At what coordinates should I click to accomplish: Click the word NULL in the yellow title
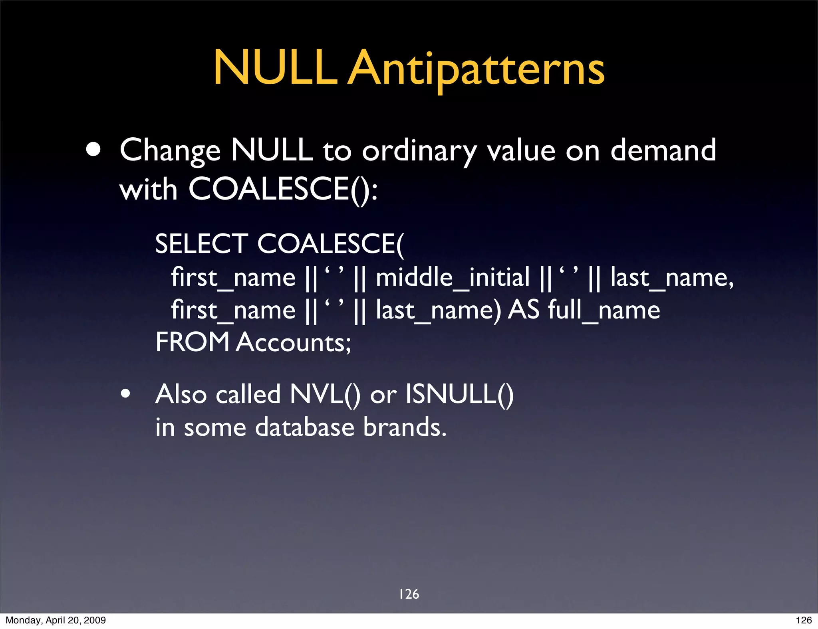(275, 68)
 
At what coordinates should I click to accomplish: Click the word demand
(663, 150)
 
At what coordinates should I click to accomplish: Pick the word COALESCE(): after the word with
(283, 189)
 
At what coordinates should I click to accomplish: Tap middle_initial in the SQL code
(453, 277)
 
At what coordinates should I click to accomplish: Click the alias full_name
(604, 311)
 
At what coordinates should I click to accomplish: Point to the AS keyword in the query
(524, 310)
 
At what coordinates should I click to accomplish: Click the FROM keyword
(192, 342)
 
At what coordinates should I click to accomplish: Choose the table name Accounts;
(294, 343)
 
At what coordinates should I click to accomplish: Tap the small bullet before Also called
(125, 394)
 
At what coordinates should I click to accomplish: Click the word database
(304, 427)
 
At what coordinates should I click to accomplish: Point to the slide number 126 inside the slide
(409, 594)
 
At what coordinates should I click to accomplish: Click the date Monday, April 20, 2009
(56, 620)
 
